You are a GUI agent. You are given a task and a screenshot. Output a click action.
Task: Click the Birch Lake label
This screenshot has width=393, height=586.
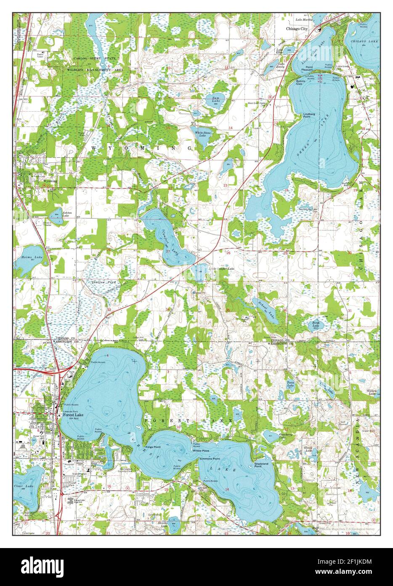coord(316,324)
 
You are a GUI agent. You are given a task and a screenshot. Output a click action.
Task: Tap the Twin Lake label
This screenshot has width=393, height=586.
coord(290,384)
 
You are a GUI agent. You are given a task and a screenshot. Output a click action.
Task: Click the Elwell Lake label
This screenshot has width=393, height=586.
coord(308,449)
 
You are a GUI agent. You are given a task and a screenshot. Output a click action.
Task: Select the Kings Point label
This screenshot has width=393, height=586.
coord(153,446)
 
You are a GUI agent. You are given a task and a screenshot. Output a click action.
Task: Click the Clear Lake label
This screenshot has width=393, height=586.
coord(24,486)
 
